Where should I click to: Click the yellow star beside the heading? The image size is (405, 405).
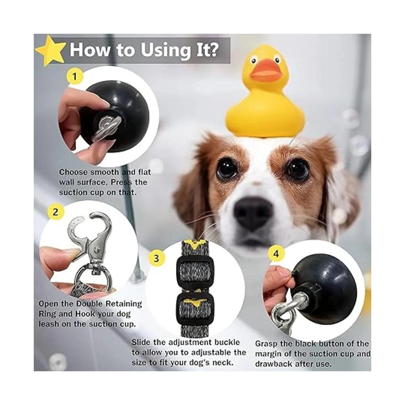(50, 51)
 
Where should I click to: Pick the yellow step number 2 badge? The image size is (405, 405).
(55, 212)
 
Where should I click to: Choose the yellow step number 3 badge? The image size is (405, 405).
(156, 258)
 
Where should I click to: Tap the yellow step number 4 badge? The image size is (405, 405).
(276, 254)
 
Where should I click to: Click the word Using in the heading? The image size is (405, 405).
(165, 50)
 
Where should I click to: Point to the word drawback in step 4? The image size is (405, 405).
(274, 364)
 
